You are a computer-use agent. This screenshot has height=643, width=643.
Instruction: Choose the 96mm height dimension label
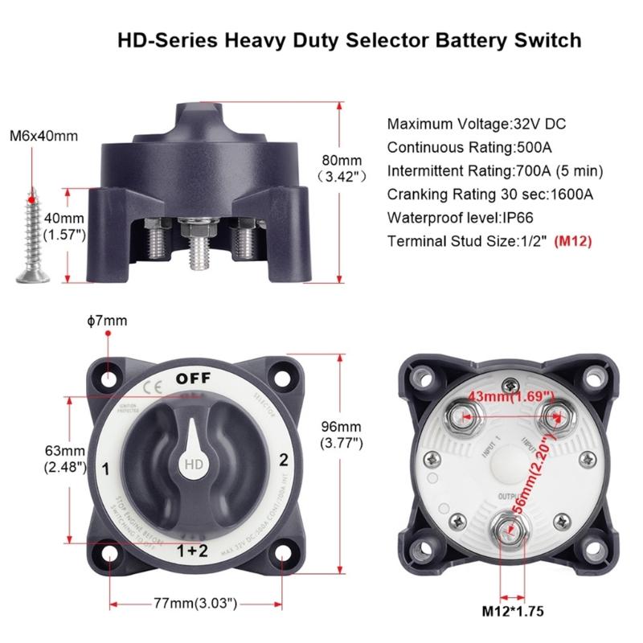click(341, 434)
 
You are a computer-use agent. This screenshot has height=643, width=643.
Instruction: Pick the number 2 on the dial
click(283, 461)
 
